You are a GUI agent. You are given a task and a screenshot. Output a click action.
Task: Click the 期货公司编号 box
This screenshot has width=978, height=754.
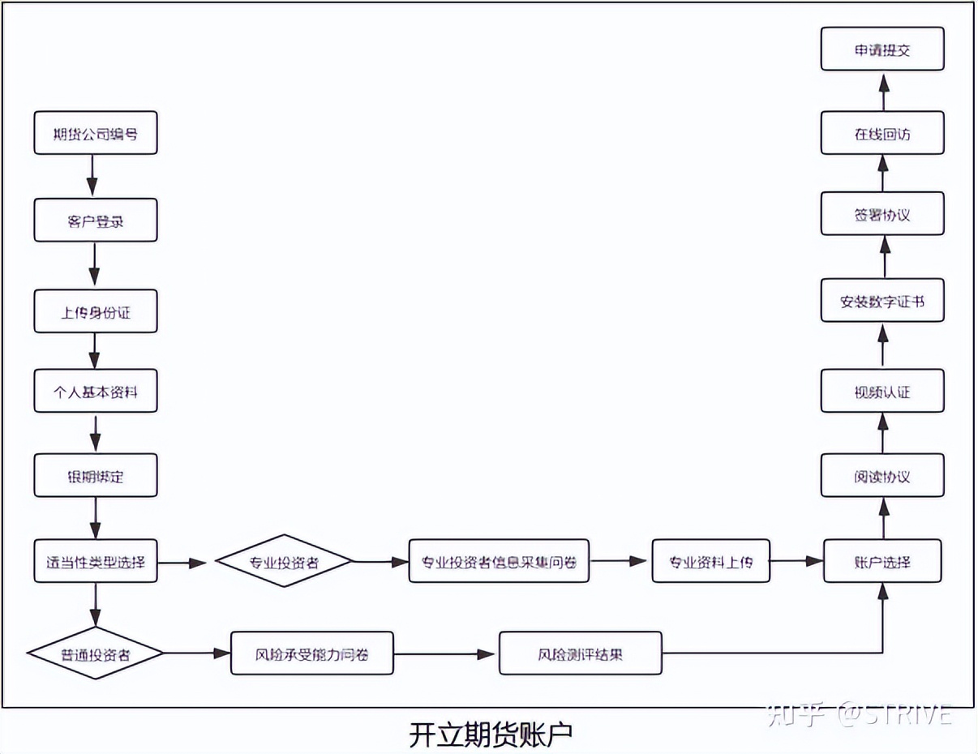(x=95, y=134)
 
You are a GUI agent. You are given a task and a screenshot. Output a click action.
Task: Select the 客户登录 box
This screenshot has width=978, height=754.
(x=95, y=221)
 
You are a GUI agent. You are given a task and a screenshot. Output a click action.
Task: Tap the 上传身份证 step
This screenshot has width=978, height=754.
(x=95, y=312)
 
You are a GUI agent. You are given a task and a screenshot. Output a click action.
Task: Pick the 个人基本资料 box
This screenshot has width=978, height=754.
(x=95, y=392)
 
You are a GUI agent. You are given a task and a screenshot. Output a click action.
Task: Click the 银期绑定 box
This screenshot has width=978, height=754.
(x=95, y=476)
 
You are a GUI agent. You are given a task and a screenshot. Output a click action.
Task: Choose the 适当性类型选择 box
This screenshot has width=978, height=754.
(x=95, y=561)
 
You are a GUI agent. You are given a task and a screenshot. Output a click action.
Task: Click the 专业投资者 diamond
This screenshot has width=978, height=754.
(x=283, y=561)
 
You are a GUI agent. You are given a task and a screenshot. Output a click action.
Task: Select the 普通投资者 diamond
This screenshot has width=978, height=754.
(x=95, y=653)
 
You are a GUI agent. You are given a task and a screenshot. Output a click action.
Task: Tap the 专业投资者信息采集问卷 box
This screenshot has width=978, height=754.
(x=498, y=561)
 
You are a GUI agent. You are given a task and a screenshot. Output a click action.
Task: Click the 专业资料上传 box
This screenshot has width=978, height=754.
(x=710, y=561)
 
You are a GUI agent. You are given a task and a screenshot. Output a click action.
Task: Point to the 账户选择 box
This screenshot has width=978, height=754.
(x=882, y=561)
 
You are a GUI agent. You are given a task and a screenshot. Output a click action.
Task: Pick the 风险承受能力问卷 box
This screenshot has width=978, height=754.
(x=311, y=653)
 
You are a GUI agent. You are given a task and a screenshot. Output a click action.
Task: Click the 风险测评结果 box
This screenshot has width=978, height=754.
(x=580, y=653)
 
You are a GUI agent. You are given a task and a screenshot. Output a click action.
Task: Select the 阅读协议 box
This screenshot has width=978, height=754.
(x=882, y=476)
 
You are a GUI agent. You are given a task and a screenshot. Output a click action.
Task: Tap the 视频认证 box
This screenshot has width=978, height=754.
(x=882, y=392)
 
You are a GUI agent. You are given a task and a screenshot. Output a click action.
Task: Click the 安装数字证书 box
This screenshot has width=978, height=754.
(x=882, y=302)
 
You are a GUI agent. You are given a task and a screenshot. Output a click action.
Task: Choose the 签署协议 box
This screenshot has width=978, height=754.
(x=882, y=214)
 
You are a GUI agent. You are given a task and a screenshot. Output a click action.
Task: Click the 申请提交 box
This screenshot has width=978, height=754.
(x=882, y=49)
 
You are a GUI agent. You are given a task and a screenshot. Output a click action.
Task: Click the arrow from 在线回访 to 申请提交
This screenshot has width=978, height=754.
(x=883, y=92)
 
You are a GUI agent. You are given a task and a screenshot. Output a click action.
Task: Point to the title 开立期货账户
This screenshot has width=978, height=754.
(x=490, y=735)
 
